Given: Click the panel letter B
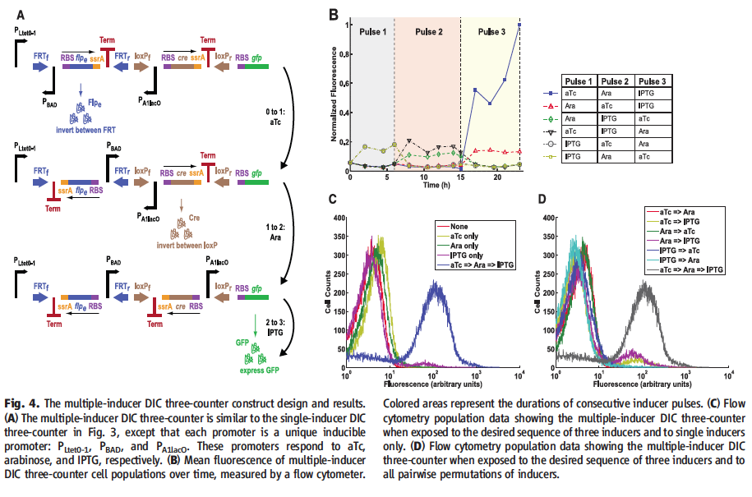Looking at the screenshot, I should pos(332,14).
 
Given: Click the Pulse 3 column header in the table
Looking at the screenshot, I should pos(653,82).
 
